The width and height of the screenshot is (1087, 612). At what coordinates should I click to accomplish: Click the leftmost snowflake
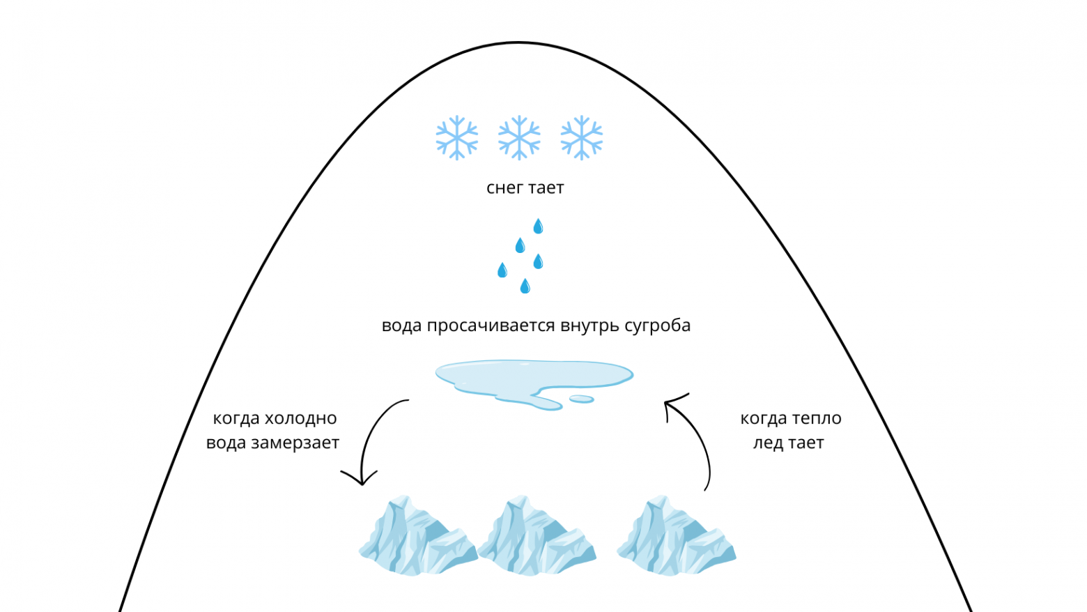(x=457, y=137)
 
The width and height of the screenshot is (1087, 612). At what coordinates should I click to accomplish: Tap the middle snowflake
(x=519, y=137)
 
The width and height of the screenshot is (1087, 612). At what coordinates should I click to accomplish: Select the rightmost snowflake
(x=581, y=137)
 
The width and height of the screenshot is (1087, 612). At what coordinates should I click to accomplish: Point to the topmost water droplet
(x=538, y=226)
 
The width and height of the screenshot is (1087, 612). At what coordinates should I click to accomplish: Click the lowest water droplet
(x=525, y=286)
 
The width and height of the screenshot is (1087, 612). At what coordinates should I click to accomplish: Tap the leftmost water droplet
(x=502, y=270)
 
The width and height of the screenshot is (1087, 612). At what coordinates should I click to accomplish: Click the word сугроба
(x=657, y=326)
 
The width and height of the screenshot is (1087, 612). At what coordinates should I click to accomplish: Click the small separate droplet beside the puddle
(x=581, y=399)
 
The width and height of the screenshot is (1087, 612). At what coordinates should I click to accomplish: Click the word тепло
(x=816, y=418)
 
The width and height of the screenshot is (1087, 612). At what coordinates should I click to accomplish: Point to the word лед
(x=768, y=443)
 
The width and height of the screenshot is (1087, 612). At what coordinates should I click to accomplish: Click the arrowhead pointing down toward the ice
(x=361, y=478)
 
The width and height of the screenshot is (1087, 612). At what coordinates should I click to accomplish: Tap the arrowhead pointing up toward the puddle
(x=670, y=404)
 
